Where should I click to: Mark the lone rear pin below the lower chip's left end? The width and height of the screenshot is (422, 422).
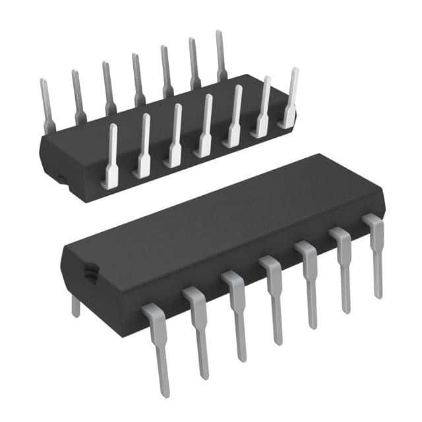pos(76,305)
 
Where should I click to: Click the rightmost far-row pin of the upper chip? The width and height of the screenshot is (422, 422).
pos(221,56)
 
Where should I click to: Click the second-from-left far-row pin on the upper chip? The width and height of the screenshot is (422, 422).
pos(77,96)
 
